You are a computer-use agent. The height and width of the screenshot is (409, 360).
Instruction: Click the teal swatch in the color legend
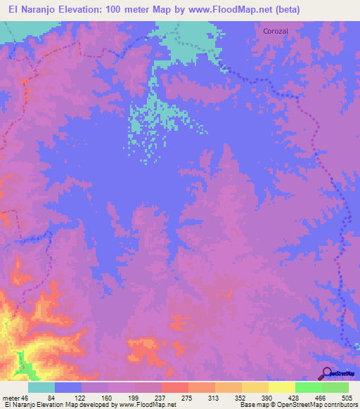[x=41, y=388]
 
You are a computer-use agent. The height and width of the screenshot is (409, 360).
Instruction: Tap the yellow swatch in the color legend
[x=282, y=388]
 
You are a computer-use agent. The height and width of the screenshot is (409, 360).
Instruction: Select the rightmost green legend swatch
[x=335, y=388]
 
